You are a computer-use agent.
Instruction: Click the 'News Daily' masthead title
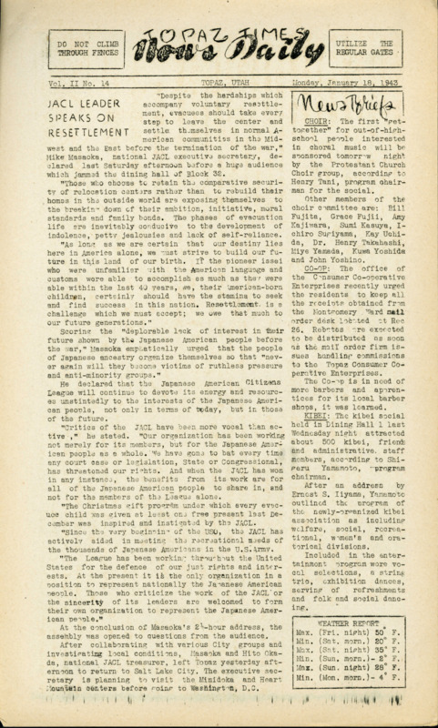pyautogui.click(x=218, y=54)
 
